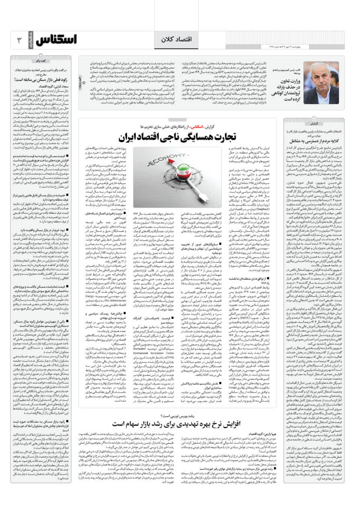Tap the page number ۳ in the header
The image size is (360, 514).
click(x=19, y=40)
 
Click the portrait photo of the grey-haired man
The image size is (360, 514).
click(x=321, y=77)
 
